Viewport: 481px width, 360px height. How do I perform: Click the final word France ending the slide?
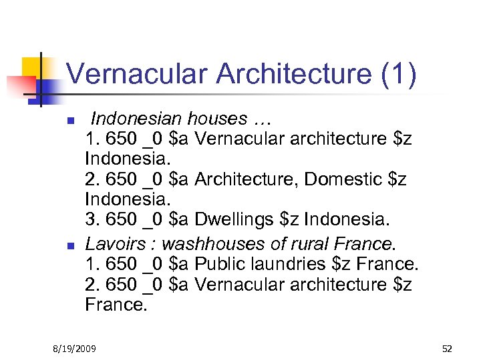(115, 305)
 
